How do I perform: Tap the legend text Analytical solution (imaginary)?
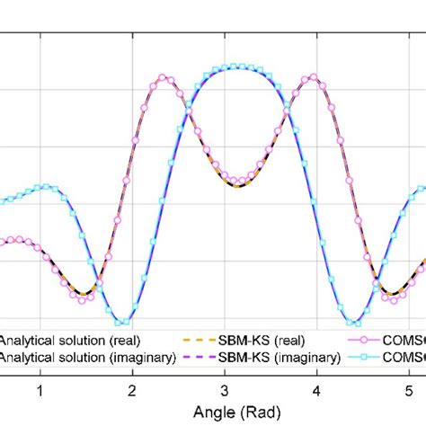coord(67,357)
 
